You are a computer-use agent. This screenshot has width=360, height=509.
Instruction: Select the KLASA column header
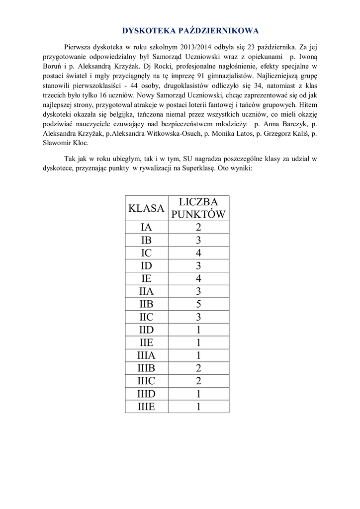click(146, 208)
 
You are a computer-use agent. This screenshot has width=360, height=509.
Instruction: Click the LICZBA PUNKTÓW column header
click(199, 208)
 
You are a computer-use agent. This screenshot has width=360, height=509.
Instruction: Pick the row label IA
click(146, 228)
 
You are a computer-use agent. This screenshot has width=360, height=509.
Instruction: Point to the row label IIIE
click(146, 407)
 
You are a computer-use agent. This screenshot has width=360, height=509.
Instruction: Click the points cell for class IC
click(199, 253)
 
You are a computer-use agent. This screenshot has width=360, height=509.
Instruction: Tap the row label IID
click(146, 330)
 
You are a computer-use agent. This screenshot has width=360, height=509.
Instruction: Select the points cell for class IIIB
click(199, 368)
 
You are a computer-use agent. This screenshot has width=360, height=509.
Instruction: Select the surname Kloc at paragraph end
click(80, 143)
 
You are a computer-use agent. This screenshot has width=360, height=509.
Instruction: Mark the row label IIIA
click(146, 355)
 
